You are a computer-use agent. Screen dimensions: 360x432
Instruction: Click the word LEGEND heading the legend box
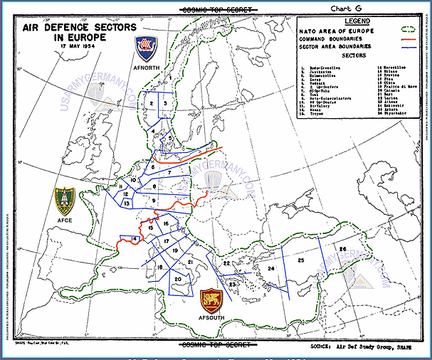tap(357, 21)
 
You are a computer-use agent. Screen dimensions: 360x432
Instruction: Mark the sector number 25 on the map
tap(301, 261)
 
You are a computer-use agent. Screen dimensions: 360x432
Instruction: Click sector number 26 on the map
tap(342, 248)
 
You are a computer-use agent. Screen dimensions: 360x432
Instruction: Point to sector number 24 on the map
tap(271, 268)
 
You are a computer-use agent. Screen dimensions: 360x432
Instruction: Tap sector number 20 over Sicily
tap(177, 279)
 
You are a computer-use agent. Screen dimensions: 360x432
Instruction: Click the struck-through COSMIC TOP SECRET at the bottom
tap(217, 345)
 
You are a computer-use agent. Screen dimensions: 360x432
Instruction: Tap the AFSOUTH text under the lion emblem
tap(211, 317)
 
